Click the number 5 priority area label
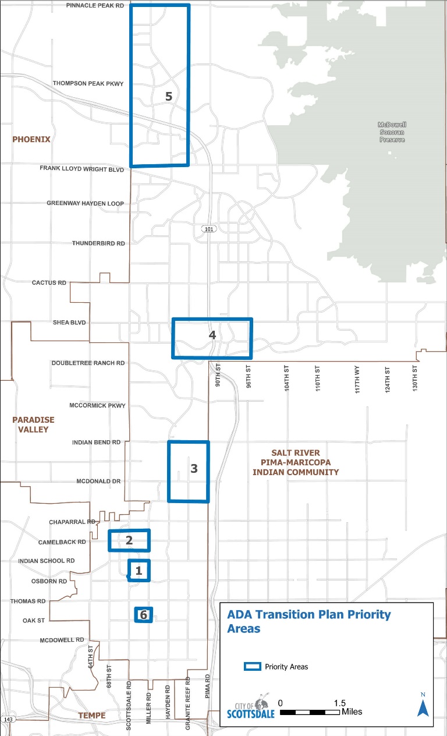tap(169, 97)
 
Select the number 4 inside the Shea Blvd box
tap(212, 335)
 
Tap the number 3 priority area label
tap(194, 468)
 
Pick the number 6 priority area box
tap(144, 614)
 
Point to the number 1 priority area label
tap(139, 571)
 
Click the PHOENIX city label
tap(31, 140)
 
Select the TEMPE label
tap(92, 716)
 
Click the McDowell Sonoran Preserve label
tap(392, 132)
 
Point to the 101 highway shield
tap(210, 229)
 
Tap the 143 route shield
tap(8, 720)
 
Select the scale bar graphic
tap(310, 712)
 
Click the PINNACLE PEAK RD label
tap(95, 5)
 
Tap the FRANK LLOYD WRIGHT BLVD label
tap(82, 169)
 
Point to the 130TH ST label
tap(416, 378)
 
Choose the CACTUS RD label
tap(49, 282)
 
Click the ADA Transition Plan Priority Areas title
tap(308, 621)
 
